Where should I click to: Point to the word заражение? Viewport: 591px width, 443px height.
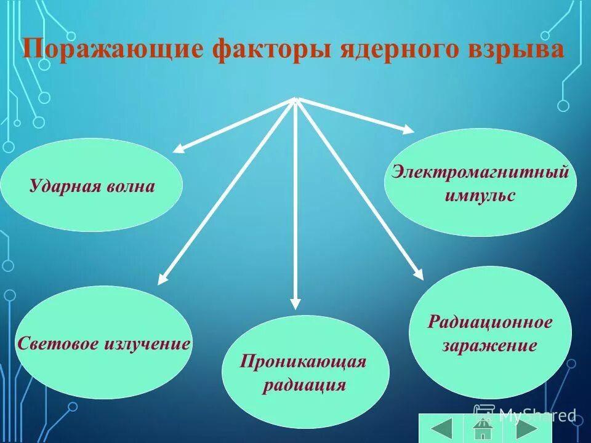(489, 345)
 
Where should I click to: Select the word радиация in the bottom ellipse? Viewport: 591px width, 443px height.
(305, 386)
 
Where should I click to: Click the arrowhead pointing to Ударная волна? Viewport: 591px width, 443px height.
(178, 148)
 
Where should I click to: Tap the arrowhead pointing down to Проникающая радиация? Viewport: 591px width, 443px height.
(295, 303)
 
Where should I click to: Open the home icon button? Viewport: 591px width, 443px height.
(482, 428)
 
